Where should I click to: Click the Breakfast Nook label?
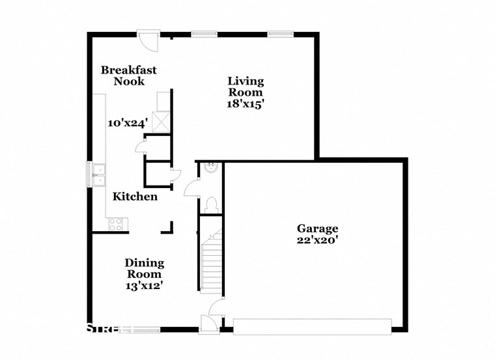[x=128, y=76]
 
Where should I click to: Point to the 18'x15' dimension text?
[x=246, y=104]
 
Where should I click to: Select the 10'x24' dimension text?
[x=128, y=122]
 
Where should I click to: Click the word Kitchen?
[x=135, y=196]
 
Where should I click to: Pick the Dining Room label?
[x=144, y=268]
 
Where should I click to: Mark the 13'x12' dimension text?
[x=144, y=284]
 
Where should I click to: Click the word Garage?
[x=317, y=228]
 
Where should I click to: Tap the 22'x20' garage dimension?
[x=317, y=240]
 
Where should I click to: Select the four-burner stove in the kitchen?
[x=116, y=224]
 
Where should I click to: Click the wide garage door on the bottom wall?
[x=313, y=325]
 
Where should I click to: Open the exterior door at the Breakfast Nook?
[x=150, y=40]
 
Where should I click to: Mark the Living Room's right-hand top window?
[x=279, y=33]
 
